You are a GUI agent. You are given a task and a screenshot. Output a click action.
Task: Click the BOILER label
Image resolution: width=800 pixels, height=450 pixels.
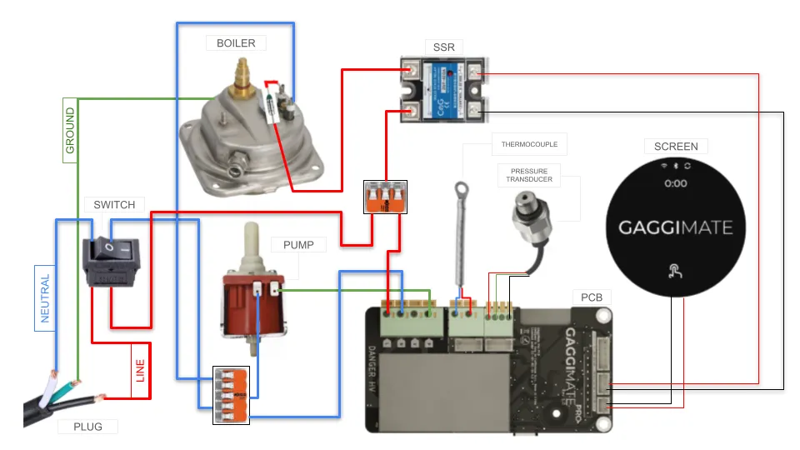point(236,42)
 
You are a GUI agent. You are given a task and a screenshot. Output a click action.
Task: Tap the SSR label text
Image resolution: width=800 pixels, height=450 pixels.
point(444,47)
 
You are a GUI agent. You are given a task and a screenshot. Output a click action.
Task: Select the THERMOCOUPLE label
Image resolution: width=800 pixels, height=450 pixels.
point(529,144)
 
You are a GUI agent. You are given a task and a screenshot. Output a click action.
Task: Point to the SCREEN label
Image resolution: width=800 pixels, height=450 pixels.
point(675,146)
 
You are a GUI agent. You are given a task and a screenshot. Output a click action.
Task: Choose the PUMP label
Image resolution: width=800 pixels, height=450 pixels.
point(298,246)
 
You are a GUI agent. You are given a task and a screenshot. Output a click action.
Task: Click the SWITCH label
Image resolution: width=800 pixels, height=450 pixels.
point(114,204)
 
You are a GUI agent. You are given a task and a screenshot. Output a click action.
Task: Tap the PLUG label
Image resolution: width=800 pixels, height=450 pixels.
point(87,427)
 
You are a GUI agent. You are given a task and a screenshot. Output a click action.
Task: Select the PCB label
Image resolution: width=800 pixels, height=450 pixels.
point(592,297)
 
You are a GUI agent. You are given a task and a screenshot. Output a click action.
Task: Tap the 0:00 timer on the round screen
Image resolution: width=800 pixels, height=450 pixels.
point(675,183)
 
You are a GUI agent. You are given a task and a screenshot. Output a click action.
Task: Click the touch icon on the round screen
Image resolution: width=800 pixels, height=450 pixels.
point(675,269)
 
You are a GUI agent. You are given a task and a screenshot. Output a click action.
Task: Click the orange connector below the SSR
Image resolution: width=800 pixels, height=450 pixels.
point(385,197)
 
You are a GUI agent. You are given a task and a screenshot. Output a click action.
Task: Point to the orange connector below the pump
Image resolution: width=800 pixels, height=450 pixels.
point(231,396)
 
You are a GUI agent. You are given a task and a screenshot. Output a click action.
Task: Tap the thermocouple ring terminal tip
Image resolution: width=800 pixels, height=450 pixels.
point(461,188)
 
